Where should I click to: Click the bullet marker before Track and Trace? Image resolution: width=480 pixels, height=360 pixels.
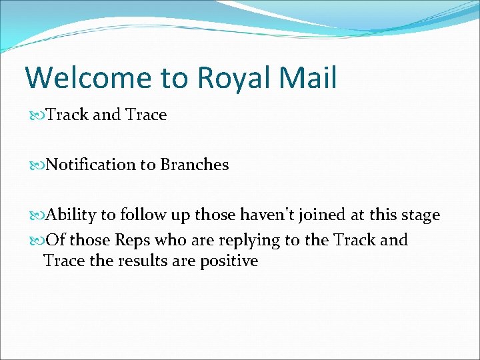[x=37, y=115]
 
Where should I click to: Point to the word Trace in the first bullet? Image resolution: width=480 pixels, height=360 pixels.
[x=145, y=115]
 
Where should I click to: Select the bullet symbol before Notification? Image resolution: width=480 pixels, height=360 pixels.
[x=37, y=165]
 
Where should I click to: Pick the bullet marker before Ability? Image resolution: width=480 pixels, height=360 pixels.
[x=37, y=215]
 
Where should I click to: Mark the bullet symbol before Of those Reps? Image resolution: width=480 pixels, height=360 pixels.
[x=37, y=240]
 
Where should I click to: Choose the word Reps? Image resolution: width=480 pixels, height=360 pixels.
[x=133, y=240]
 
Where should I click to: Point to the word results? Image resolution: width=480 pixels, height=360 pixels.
[x=143, y=261]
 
